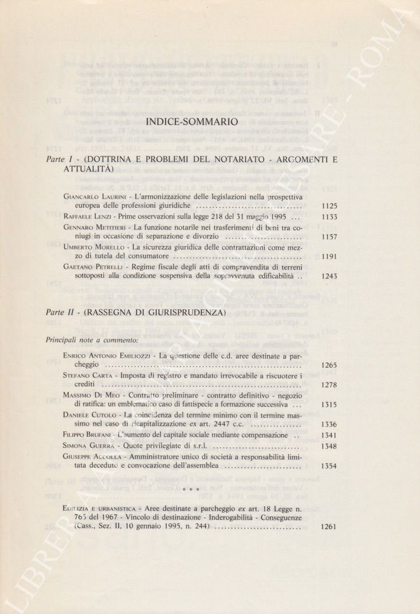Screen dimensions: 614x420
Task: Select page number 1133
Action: click(329, 217)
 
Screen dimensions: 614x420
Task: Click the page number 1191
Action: click(329, 257)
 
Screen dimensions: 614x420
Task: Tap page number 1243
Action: click(329, 276)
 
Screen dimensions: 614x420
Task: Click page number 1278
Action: click(329, 384)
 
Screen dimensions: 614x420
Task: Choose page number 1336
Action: click(329, 424)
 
